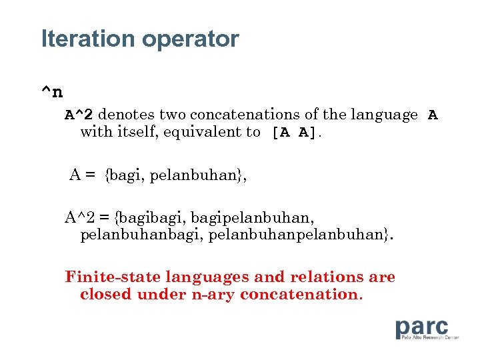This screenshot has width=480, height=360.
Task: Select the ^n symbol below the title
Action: click(x=53, y=91)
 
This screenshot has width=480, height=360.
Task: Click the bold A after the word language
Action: click(x=433, y=115)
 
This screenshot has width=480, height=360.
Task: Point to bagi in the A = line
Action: click(x=125, y=176)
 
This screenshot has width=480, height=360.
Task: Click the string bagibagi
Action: click(x=147, y=217)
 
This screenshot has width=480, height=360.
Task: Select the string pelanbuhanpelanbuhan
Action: click(x=287, y=235)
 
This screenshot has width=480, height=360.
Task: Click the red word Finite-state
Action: click(x=113, y=277)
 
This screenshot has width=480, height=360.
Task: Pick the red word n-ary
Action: click(x=213, y=294)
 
